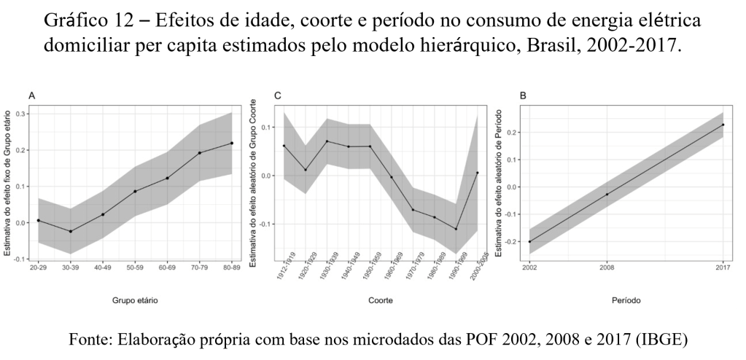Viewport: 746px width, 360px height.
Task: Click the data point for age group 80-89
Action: click(x=232, y=143)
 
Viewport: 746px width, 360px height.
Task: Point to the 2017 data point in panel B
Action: click(x=723, y=125)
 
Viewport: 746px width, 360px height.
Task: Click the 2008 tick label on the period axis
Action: click(x=607, y=266)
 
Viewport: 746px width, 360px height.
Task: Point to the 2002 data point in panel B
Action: click(x=530, y=242)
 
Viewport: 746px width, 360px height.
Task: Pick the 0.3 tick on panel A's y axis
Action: click(x=21, y=114)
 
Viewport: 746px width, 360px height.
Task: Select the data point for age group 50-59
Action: click(x=135, y=192)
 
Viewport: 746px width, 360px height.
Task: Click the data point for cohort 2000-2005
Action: click(x=478, y=173)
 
